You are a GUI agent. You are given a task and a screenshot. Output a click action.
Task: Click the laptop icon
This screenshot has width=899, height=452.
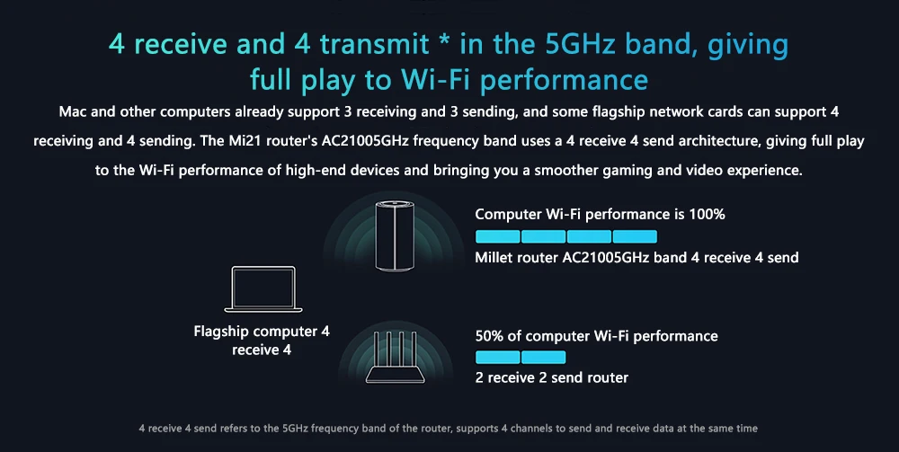click(x=263, y=289)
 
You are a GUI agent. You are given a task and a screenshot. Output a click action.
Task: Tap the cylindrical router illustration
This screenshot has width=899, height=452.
click(x=394, y=235)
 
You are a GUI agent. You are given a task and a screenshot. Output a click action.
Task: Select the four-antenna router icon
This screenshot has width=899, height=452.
click(x=396, y=358)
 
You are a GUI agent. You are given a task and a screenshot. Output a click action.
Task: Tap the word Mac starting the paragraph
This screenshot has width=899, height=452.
click(x=73, y=111)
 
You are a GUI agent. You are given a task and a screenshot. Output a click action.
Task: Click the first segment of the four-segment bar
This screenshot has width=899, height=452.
click(x=498, y=236)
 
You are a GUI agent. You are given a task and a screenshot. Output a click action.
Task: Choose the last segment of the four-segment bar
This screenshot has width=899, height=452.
click(x=635, y=236)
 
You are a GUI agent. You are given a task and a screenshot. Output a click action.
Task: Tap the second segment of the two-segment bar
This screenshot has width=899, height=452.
click(x=544, y=358)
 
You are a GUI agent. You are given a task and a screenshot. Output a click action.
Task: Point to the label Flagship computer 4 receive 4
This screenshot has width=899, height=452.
click(x=262, y=341)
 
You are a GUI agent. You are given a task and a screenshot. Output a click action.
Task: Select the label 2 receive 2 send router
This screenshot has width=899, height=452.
click(x=552, y=377)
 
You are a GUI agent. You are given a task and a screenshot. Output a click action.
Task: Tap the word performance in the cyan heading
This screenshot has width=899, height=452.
click(x=565, y=80)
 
